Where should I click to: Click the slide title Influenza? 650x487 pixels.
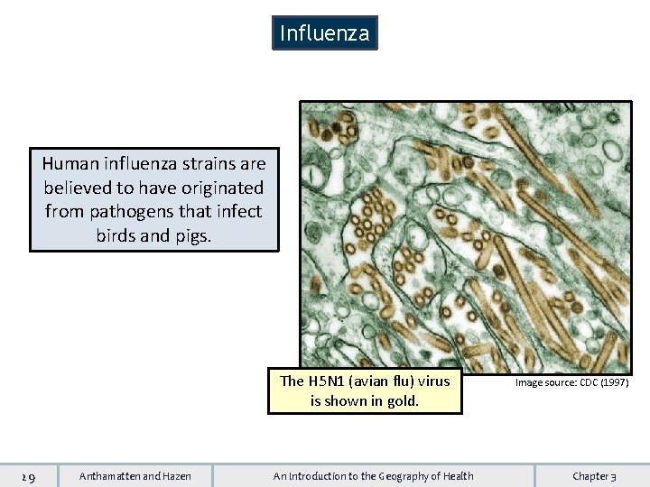(324, 33)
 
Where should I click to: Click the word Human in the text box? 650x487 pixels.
(69, 164)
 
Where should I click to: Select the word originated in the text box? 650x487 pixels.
(221, 188)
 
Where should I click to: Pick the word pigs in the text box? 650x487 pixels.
(193, 234)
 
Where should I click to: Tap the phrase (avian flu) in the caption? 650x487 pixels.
(383, 381)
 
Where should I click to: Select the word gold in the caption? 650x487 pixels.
(402, 400)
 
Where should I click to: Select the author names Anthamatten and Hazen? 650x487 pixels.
(135, 476)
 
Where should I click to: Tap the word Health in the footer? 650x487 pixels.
(454, 476)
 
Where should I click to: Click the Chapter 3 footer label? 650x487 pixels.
(594, 476)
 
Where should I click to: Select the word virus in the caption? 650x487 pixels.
(433, 381)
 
